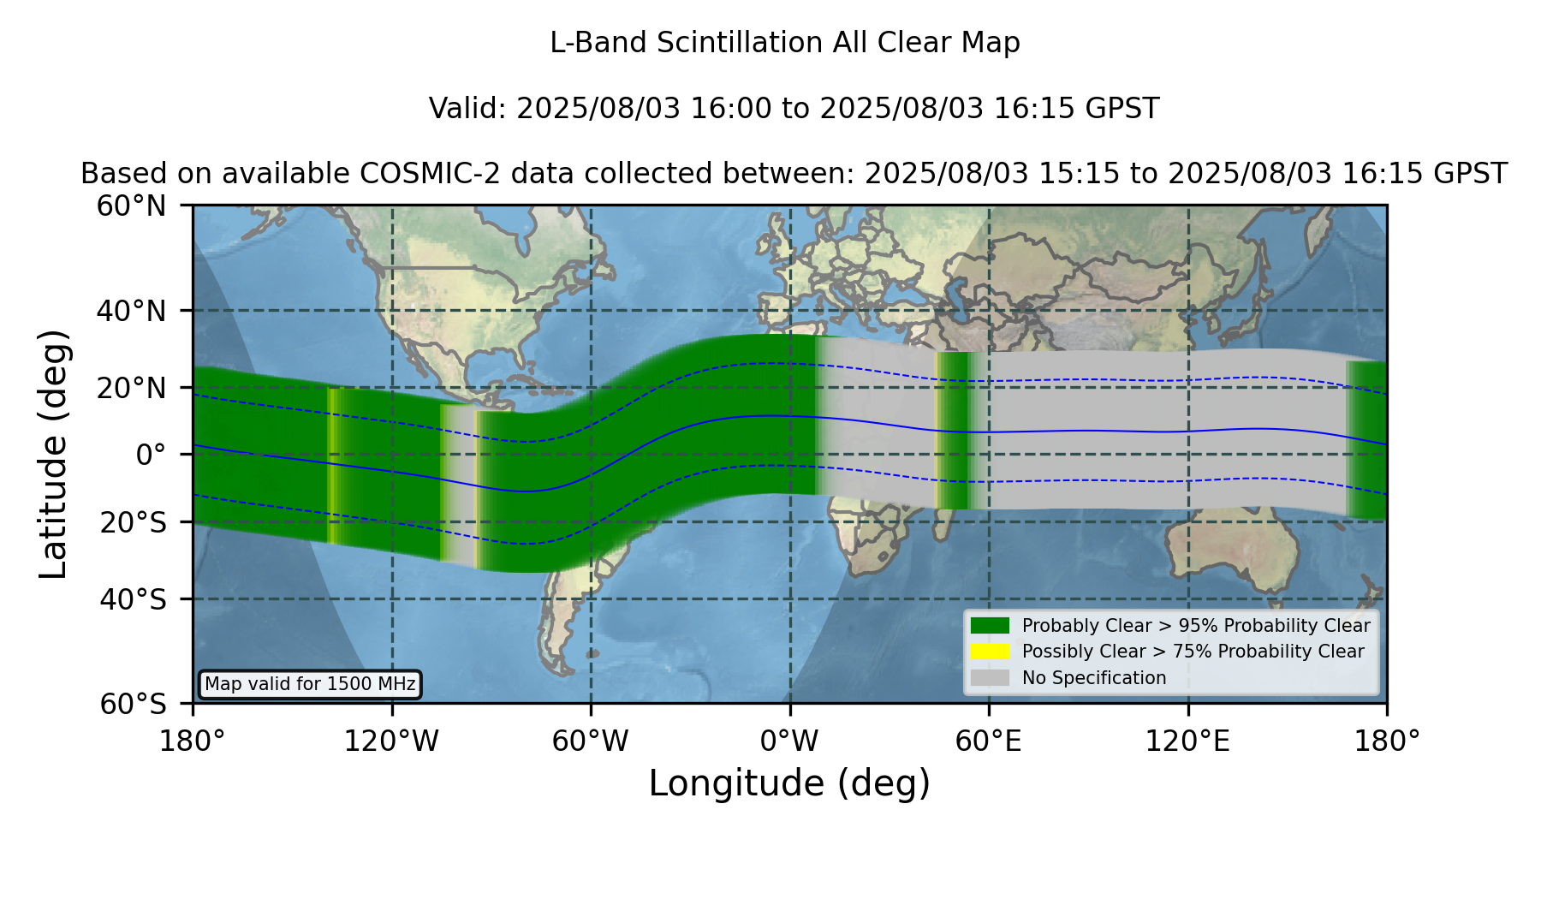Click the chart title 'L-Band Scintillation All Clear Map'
[784, 43]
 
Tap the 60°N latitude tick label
[131, 206]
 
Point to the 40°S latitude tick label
[133, 599]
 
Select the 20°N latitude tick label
[131, 388]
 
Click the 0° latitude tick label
[151, 455]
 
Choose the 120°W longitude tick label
[391, 741]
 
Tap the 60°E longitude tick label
[989, 741]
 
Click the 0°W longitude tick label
[789, 741]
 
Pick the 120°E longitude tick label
[1187, 741]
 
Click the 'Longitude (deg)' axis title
[789, 783]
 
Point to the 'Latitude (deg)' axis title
[53, 454]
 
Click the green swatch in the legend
[990, 625]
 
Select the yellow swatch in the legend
[990, 652]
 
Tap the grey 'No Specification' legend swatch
[990, 678]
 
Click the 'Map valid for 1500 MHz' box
[310, 684]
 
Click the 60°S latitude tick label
[133, 704]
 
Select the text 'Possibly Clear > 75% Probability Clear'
[1193, 652]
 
